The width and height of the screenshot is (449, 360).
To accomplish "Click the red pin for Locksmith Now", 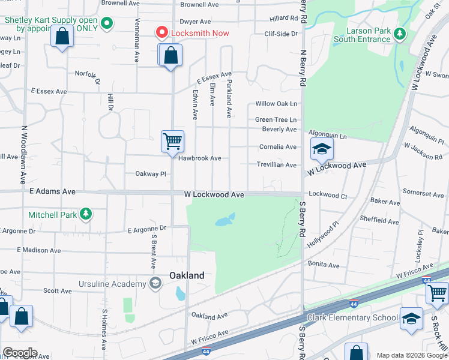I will coord(161,32).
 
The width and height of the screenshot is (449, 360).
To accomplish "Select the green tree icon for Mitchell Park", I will coord(86,214).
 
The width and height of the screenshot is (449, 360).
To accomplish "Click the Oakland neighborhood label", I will coord(187,275).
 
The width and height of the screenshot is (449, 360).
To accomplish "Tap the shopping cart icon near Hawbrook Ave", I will coord(172,142).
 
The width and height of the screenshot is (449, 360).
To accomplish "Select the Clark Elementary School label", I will coord(352,317).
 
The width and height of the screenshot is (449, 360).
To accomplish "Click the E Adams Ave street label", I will coord(52,191).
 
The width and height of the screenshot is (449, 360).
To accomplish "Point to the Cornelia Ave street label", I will coord(277,147).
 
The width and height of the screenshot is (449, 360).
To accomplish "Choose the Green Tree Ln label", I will coord(276,120).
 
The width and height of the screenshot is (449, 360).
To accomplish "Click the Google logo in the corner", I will coord(20,353).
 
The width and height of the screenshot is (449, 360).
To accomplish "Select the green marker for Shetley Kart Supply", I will coord(107,24).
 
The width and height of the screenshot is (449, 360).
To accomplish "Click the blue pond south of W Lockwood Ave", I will coord(224,220).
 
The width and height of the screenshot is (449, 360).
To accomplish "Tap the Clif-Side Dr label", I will coord(281,34).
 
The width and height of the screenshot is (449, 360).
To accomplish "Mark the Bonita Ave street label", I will coord(324,265).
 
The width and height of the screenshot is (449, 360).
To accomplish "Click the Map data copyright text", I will coord(411,355).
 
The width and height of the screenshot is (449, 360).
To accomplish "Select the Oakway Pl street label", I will coord(150,174).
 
